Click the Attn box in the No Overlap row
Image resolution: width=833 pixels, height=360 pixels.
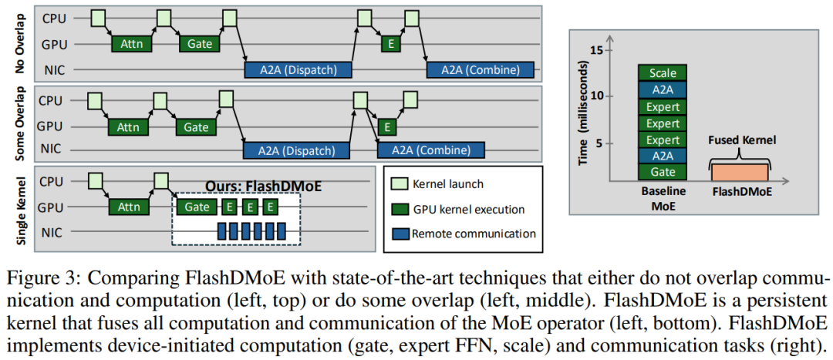coord(132,44)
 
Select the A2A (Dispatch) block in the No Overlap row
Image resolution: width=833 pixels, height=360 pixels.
coord(298,69)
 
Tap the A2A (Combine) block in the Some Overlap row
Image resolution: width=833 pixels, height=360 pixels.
coord(430,150)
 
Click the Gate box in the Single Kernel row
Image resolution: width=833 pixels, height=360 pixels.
coord(197,207)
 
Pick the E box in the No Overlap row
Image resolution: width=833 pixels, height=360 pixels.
coord(392,44)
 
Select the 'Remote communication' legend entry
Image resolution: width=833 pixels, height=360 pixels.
coord(473,234)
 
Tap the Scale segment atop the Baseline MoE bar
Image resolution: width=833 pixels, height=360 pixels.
coord(663,73)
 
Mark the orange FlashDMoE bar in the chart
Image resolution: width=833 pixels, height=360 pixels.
coord(739,173)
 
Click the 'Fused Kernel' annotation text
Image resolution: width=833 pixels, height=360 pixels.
coord(740,140)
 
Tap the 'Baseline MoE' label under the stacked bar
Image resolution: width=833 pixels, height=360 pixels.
coord(663,199)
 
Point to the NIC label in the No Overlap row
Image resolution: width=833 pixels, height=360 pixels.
coord(53,70)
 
